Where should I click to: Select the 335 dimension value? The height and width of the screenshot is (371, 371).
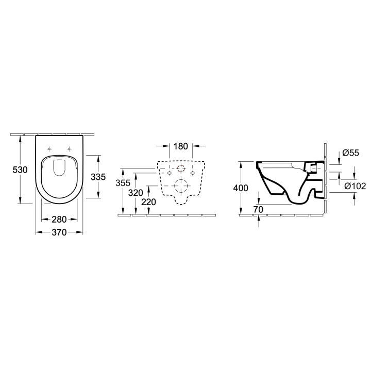(x=98, y=177)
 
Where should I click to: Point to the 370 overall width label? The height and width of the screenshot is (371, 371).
(x=59, y=233)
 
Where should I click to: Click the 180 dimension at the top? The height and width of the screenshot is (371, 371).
(x=181, y=146)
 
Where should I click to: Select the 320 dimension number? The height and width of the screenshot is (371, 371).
(x=136, y=193)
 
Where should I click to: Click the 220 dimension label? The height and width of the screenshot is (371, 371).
(x=148, y=202)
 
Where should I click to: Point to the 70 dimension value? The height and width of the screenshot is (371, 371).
(x=259, y=209)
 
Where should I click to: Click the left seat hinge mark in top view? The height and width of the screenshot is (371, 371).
(x=49, y=149)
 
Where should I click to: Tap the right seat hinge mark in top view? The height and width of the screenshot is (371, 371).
(x=69, y=149)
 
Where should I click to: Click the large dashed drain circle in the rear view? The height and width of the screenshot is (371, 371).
(x=181, y=185)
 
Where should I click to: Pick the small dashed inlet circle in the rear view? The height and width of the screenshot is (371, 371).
(x=181, y=168)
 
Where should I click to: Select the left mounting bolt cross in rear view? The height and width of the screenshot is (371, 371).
(x=169, y=173)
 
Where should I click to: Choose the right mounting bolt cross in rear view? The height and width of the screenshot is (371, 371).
(x=193, y=173)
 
